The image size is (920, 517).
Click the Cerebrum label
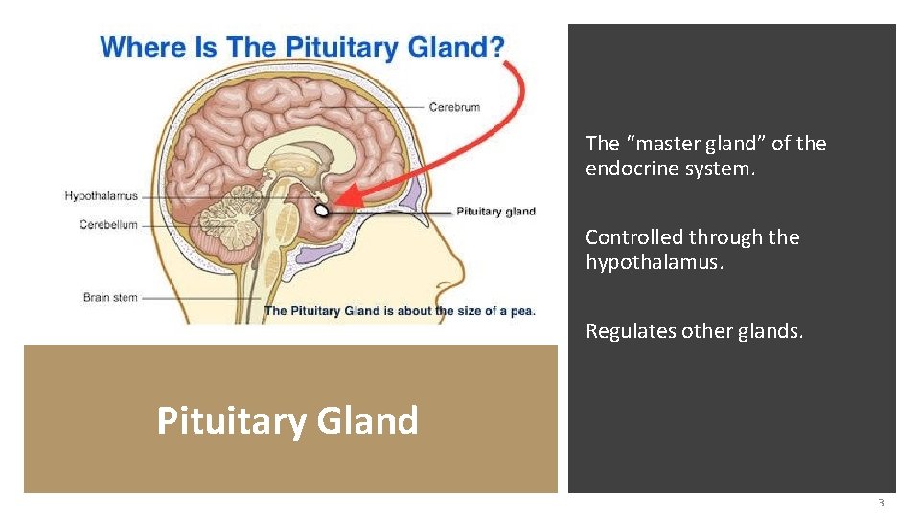coord(454,107)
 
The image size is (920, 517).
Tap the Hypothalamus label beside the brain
coord(102,196)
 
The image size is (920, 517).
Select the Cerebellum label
coord(108,225)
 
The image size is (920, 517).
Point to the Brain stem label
coord(110,297)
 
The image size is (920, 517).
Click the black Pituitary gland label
coord(495,212)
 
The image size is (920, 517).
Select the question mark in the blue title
coord(494,47)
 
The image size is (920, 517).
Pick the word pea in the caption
coord(521,310)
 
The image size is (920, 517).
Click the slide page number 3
coord(880,503)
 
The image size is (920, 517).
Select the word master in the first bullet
coord(661,144)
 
